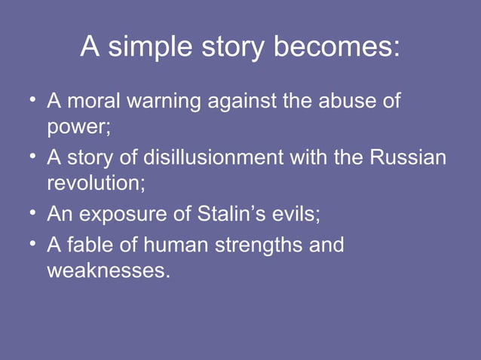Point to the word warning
163,101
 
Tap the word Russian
408,158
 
